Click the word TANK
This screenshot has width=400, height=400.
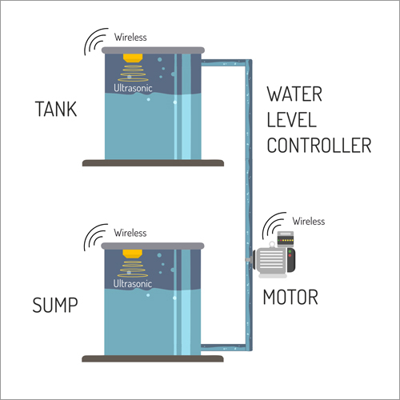point(56,109)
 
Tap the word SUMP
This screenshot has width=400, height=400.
point(55,305)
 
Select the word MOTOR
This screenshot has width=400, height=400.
point(290,297)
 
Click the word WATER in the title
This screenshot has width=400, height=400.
point(294,94)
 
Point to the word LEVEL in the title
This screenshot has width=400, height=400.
point(291,120)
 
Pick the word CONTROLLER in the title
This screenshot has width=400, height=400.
point(319,146)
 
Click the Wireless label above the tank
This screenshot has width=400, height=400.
point(130,37)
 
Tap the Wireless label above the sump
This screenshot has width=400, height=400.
point(130,233)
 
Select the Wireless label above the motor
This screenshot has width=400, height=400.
point(309,221)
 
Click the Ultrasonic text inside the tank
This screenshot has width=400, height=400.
point(133,88)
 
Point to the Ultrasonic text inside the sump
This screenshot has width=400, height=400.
point(133,283)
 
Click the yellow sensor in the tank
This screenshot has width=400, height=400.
point(133,58)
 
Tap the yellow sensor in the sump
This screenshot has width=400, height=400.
point(132,254)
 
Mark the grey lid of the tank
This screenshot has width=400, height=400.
point(153,50)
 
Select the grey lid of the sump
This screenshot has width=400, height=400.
point(153,246)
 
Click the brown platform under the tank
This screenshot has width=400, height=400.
point(153,163)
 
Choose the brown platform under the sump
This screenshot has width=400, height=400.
point(153,358)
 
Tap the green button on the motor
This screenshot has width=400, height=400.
point(290,251)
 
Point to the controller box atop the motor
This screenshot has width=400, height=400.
point(286,239)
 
